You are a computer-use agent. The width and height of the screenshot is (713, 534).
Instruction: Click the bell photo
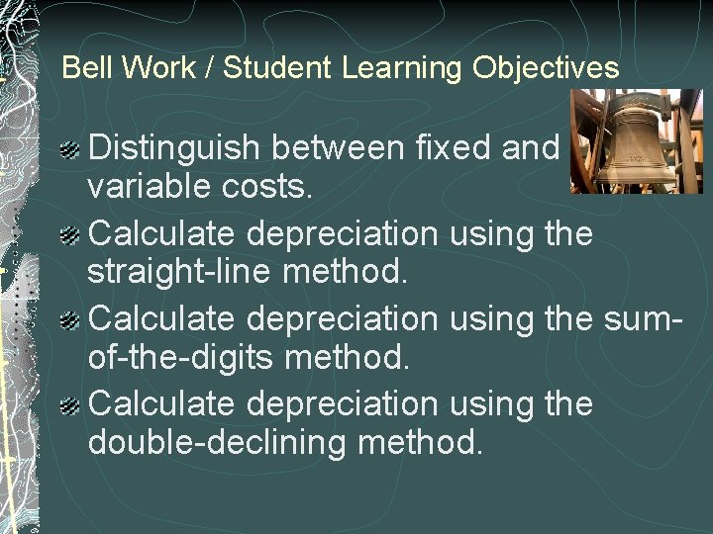point(637,141)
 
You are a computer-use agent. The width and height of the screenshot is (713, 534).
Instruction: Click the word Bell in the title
point(83,68)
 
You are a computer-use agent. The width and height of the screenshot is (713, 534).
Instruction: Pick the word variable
point(150,188)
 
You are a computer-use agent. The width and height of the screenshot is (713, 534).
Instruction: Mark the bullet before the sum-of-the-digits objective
point(70,321)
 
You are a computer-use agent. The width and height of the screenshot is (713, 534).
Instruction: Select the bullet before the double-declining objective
point(70,406)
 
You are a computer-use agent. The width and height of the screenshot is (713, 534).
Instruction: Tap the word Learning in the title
point(403,68)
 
